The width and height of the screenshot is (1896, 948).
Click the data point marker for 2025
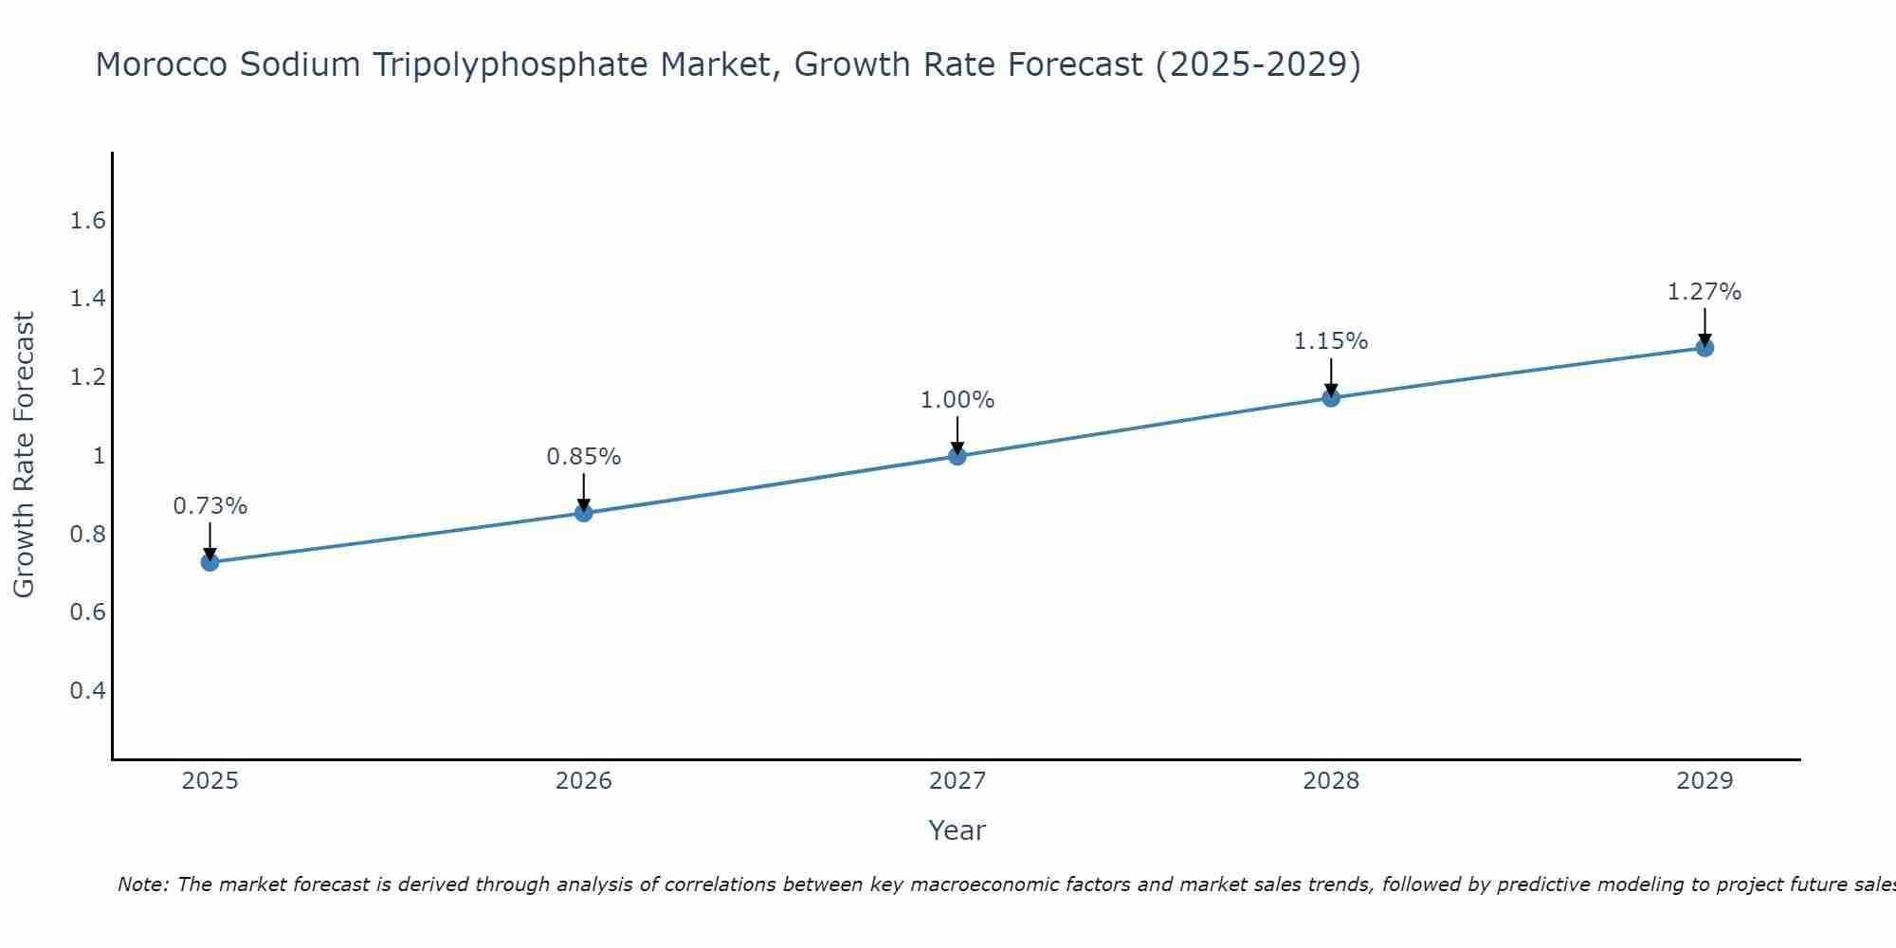pos(210,562)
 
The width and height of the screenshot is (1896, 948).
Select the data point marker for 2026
pos(584,513)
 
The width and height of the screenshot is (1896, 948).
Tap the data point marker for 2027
pos(957,456)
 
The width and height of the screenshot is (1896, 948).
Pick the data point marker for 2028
pos(1331,397)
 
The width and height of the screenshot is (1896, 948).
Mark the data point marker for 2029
pos(1705,348)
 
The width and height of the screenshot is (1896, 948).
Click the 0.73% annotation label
pos(210,506)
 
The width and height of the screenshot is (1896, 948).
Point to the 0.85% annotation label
pos(584,457)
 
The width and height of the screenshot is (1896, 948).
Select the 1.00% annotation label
pos(957,400)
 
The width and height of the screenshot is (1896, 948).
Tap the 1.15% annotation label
pos(1331,341)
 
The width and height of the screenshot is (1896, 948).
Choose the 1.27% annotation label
pos(1705,292)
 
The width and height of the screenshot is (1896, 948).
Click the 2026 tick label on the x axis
pos(584,781)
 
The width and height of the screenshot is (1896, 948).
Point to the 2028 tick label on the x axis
pos(1331,781)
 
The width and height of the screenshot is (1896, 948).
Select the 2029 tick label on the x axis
pos(1705,781)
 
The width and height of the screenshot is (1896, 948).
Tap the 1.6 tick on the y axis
pos(87,222)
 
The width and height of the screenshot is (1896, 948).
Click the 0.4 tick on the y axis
pos(87,690)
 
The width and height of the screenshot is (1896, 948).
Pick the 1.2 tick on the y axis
pos(87,378)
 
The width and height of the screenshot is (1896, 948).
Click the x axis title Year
pos(957,830)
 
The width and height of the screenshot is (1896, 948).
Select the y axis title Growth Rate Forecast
pos(24,455)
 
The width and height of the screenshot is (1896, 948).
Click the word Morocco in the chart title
pos(161,64)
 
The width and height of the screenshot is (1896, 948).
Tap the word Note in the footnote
pos(142,884)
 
